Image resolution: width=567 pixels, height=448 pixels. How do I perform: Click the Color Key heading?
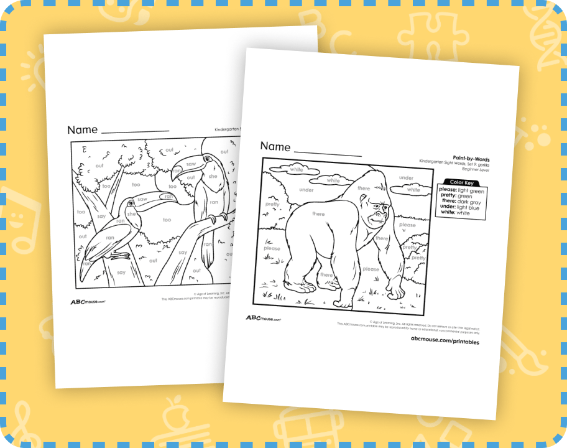click(x=461, y=182)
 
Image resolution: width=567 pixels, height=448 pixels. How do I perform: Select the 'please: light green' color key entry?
click(x=462, y=189)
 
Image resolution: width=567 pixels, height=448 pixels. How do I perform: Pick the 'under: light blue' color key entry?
click(x=462, y=207)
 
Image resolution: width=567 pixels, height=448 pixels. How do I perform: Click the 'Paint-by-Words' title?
click(x=472, y=159)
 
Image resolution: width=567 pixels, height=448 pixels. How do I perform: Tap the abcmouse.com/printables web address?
click(x=445, y=342)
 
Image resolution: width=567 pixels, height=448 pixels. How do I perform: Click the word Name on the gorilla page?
click(x=275, y=147)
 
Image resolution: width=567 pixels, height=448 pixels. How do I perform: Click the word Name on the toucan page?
click(x=83, y=130)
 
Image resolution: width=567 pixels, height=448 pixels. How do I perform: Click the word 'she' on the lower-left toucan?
click(x=131, y=214)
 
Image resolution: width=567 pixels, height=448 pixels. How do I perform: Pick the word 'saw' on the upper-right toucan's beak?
click(x=191, y=164)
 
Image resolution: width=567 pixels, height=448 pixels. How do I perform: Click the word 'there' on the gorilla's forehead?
click(x=364, y=189)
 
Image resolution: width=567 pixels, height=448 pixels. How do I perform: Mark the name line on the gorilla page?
click(x=328, y=154)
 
